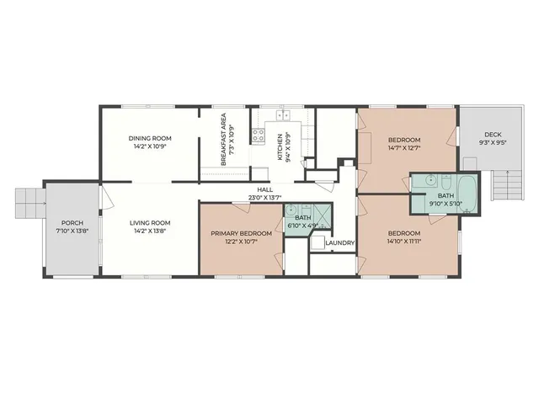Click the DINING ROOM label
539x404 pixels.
click(x=150, y=139)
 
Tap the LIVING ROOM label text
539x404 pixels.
click(x=150, y=223)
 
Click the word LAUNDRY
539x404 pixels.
click(x=339, y=243)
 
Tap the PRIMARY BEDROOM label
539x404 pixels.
click(x=241, y=233)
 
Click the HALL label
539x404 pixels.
click(x=265, y=190)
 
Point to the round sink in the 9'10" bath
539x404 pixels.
click(x=429, y=180)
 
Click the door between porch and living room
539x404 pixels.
click(x=103, y=199)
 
